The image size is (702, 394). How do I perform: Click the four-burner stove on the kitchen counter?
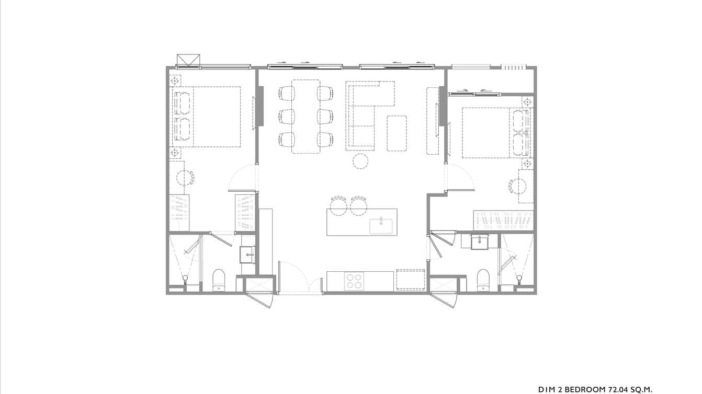354,281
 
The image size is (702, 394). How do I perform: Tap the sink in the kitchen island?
382,226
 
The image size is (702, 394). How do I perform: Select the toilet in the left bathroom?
219,280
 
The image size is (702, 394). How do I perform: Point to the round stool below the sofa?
360,161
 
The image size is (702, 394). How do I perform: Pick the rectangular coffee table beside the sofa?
397,133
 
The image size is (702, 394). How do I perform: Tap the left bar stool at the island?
338,206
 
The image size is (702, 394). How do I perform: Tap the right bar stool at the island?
359,206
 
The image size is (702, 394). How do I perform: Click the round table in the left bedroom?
185,178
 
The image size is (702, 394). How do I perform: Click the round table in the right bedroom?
517,187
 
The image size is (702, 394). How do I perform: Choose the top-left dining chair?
287,94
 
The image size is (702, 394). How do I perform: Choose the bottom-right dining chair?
325,139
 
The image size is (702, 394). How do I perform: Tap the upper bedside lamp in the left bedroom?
175,81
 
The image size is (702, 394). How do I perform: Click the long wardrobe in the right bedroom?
503,220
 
